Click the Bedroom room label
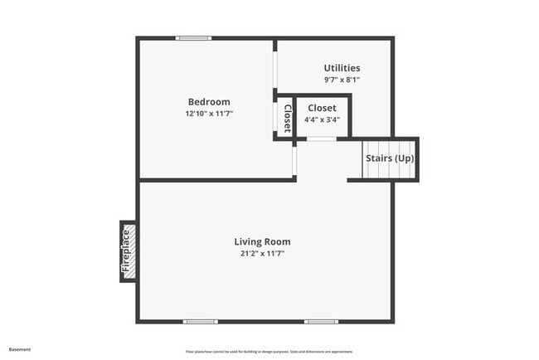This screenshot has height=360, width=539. (x=208, y=102)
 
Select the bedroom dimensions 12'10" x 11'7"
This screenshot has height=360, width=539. (x=209, y=114)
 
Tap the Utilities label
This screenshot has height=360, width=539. (x=342, y=68)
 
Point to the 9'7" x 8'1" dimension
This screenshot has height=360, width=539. (x=342, y=80)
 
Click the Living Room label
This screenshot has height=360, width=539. (x=262, y=242)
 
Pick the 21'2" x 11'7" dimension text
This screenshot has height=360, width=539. (x=262, y=254)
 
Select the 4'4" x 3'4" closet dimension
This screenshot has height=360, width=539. (x=322, y=119)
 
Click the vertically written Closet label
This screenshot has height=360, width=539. (x=287, y=119)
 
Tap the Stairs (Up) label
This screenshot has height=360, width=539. (x=390, y=158)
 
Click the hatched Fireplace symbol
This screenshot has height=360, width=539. (x=128, y=251)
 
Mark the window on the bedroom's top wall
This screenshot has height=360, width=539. (x=193, y=38)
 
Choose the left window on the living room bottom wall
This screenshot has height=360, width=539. (x=200, y=321)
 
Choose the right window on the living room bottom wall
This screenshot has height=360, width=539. (x=320, y=321)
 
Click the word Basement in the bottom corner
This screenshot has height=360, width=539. (x=20, y=349)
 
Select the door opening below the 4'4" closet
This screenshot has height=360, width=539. (x=321, y=139)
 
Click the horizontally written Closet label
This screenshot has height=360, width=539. (x=322, y=108)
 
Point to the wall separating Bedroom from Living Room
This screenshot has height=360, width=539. (x=216, y=179)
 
